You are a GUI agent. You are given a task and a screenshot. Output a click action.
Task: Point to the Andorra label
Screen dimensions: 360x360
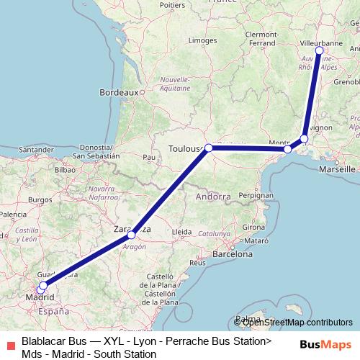(214, 196)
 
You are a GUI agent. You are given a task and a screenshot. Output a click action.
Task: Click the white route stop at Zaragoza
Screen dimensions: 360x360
(131, 235)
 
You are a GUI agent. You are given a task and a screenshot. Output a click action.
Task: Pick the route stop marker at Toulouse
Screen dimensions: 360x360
(208, 148)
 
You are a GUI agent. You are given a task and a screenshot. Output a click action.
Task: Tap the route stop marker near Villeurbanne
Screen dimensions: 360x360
(319, 50)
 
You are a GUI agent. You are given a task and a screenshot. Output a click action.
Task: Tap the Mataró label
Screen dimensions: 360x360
(255, 240)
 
